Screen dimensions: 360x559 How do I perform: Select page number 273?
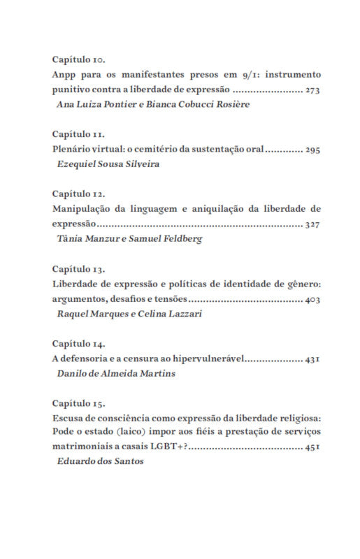[312, 91]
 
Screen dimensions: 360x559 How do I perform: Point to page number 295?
[312, 150]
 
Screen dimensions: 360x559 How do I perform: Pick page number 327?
[312, 224]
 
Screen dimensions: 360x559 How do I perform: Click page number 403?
[312, 300]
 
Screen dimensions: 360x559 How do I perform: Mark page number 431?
[312, 359]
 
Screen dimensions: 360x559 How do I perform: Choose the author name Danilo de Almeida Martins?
[115, 373]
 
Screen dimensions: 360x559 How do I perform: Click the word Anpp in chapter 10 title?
[64, 75]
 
